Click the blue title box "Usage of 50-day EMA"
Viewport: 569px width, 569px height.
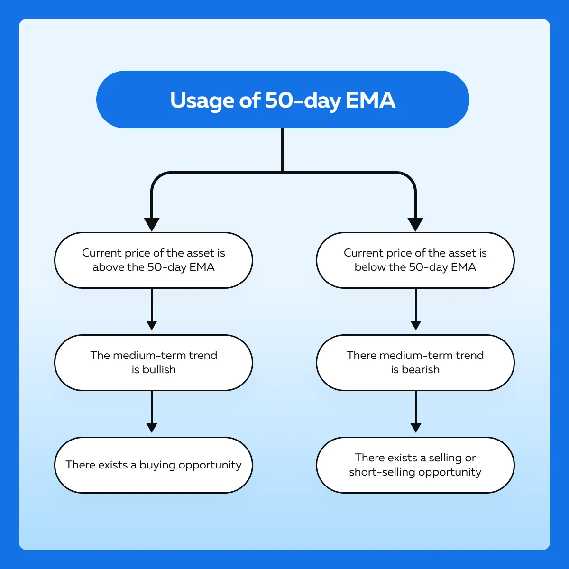click(x=283, y=100)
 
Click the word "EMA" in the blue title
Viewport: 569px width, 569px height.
click(x=370, y=100)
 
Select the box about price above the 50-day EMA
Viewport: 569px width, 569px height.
click(x=154, y=260)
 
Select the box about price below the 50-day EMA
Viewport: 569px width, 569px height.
click(x=415, y=260)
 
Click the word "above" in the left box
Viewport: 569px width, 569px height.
click(x=109, y=267)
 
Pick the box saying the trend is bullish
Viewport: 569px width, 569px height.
click(x=154, y=363)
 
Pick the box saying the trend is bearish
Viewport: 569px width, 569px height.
click(x=415, y=363)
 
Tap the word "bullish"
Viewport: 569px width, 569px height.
click(x=159, y=369)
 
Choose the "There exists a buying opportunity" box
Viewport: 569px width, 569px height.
click(x=154, y=465)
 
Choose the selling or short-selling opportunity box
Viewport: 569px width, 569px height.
click(x=415, y=465)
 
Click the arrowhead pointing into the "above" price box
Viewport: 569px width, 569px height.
click(x=152, y=224)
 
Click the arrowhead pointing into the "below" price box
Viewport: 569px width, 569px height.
click(x=415, y=224)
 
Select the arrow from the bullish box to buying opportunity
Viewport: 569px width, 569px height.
click(x=152, y=412)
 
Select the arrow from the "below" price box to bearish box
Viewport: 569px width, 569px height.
click(x=416, y=309)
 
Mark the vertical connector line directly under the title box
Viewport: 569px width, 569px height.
click(x=283, y=150)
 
